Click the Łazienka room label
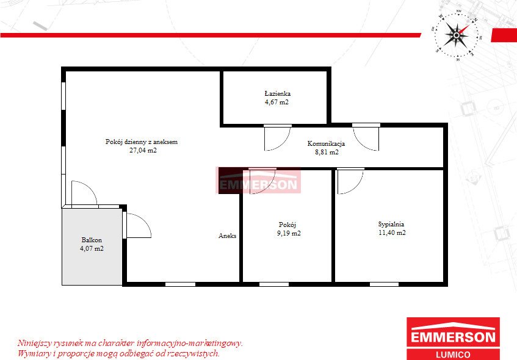[x=277, y=93]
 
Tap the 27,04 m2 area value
[x=143, y=150]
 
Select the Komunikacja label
[x=326, y=143]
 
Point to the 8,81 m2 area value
[x=327, y=152]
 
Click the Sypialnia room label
[x=391, y=224]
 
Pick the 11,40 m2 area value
[x=392, y=232]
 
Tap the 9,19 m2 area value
[x=289, y=233]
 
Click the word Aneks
[x=227, y=236]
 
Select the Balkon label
[x=92, y=240]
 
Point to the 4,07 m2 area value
[x=92, y=248]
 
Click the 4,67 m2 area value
[x=277, y=102]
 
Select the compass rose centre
[x=457, y=35]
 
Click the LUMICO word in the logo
[x=453, y=355]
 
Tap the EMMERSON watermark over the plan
[x=258, y=185]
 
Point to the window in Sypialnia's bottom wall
[x=384, y=284]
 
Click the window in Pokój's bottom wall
[x=274, y=284]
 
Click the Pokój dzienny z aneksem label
[x=142, y=142]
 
